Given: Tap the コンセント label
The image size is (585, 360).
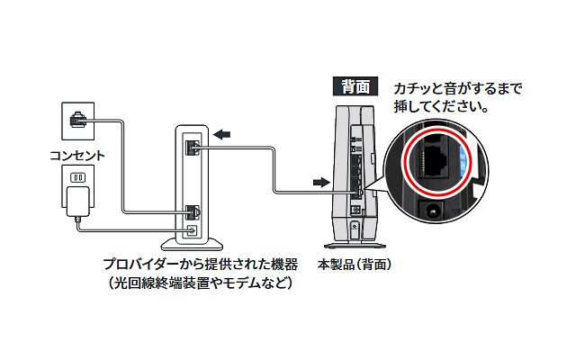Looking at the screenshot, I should tap(76, 155).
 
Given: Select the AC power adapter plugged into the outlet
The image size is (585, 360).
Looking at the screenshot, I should tap(77, 202).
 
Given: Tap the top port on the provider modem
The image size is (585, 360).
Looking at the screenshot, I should tap(191, 147).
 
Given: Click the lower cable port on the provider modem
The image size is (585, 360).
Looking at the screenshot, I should tap(191, 213).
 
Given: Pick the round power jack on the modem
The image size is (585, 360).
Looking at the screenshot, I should tap(190, 230).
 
